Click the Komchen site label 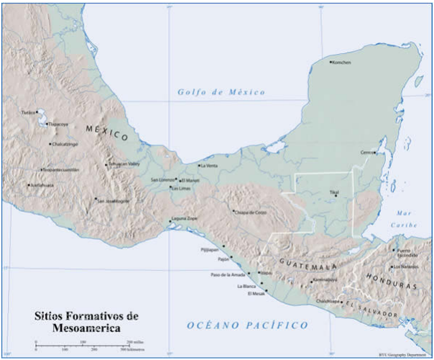341,63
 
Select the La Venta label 209,166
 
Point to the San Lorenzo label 162,179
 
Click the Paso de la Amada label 228,274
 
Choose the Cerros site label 368,153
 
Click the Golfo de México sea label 221,93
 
